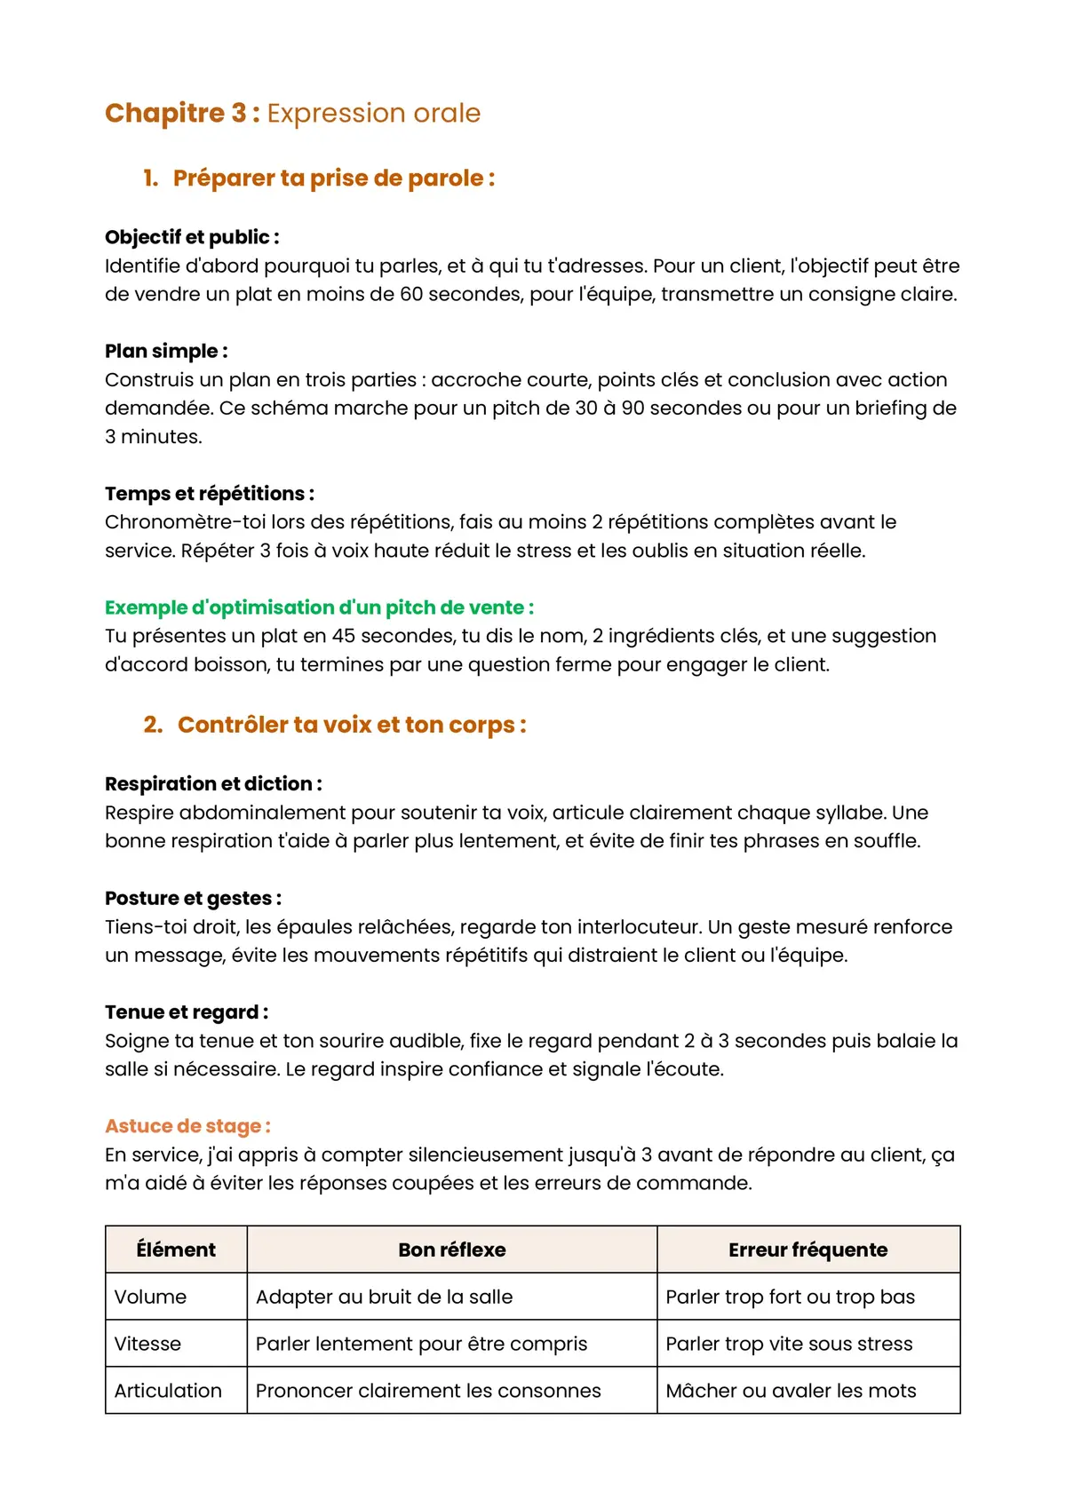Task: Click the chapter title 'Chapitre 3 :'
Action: tap(182, 113)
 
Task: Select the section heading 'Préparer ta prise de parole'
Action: tap(333, 178)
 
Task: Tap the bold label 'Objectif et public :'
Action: tap(192, 237)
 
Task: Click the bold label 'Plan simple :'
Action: tap(166, 351)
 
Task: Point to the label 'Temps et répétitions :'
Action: tap(210, 494)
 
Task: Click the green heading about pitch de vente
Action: tap(319, 607)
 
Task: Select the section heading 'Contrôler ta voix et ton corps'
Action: tap(351, 725)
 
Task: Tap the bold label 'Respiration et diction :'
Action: tap(213, 784)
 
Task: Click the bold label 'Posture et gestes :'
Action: tap(193, 898)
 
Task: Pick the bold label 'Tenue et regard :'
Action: tap(187, 1012)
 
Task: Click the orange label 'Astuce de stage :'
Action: tap(187, 1126)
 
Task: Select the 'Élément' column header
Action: tap(176, 1250)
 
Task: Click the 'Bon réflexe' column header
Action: tap(451, 1250)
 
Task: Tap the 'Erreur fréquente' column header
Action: tap(807, 1250)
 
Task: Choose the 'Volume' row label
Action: tap(150, 1297)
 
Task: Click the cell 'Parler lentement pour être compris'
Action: tap(421, 1344)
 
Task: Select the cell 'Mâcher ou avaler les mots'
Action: tap(791, 1391)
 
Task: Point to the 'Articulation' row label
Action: tap(168, 1391)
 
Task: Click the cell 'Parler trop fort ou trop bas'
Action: tap(790, 1297)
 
